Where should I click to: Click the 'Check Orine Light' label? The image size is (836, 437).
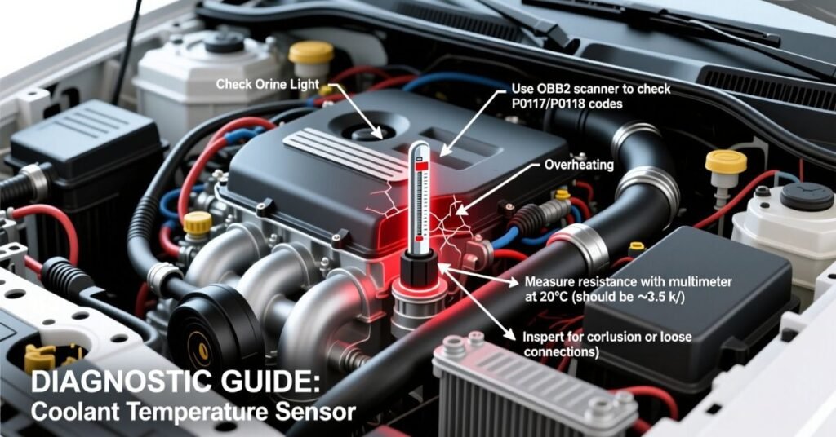[267, 85]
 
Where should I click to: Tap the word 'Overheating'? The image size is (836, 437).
[579, 165]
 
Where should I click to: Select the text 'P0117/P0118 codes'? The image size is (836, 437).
[567, 104]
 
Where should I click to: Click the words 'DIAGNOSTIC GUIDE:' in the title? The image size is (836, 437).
[176, 382]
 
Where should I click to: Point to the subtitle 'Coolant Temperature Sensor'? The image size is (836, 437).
[193, 413]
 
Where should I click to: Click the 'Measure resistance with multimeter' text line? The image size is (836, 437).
[628, 281]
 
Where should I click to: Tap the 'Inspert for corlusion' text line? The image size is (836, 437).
[607, 337]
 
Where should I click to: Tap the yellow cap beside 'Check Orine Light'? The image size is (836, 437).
[311, 52]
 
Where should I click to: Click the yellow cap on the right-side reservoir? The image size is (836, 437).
[726, 161]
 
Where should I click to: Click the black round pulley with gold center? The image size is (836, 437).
[202, 349]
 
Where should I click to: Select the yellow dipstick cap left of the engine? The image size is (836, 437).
[198, 223]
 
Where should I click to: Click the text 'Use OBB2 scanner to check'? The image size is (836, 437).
[591, 89]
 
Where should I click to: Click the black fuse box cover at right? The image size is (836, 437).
[687, 309]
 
